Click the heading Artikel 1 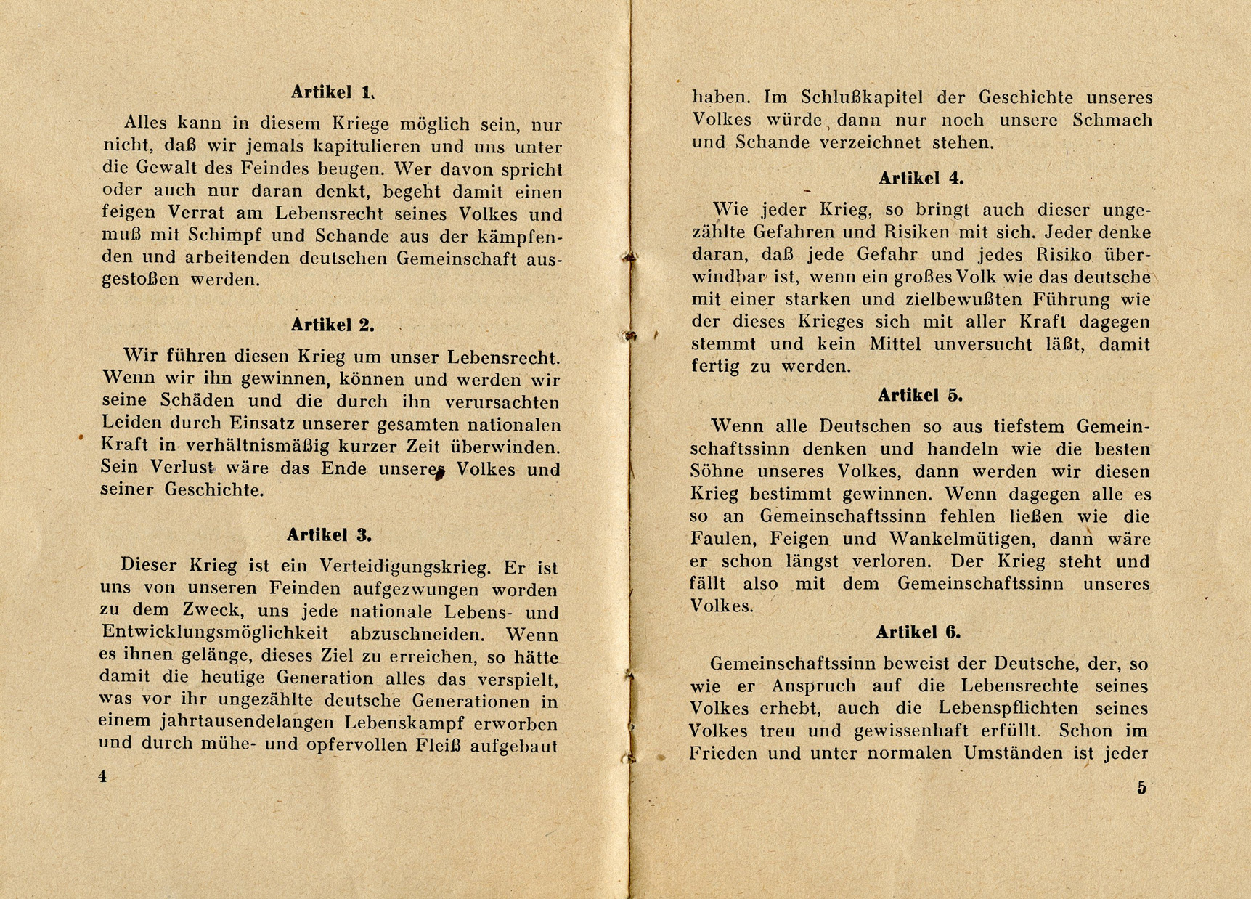pos(333,92)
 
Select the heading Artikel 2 pos(333,325)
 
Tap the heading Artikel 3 pos(329,535)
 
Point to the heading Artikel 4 pos(921,179)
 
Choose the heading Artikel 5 pos(920,395)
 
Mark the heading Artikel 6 pos(918,632)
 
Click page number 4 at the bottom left pos(102,776)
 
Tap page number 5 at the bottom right pos(1141,788)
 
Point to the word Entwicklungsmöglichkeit pos(215,633)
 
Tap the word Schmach pos(1112,120)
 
